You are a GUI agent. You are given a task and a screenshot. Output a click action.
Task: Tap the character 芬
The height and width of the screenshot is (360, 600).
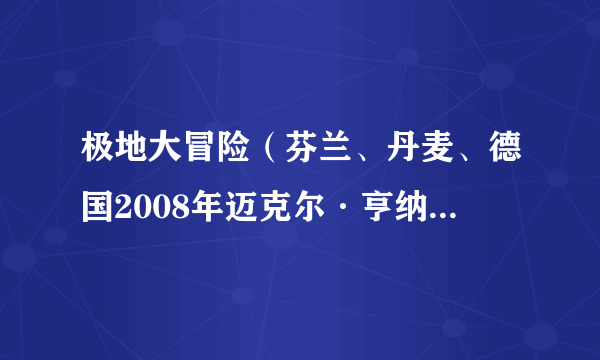click(301, 153)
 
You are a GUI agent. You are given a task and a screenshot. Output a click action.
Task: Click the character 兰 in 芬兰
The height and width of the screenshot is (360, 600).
click(335, 153)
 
